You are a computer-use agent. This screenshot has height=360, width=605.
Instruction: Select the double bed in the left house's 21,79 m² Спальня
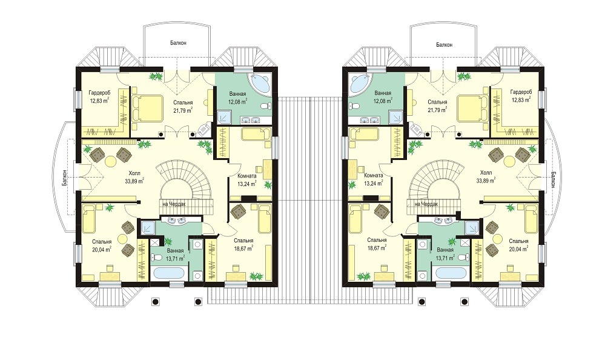(147, 108)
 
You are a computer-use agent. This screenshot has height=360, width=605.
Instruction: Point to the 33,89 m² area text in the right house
(486, 181)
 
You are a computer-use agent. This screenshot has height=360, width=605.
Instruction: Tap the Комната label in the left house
(247, 176)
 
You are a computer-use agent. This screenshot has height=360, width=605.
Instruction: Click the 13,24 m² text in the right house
(374, 184)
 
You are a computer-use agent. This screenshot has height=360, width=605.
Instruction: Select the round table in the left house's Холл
(111, 159)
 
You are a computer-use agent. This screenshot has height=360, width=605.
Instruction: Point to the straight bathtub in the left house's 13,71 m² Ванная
(169, 273)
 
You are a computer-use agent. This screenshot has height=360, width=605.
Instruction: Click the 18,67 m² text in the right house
(377, 248)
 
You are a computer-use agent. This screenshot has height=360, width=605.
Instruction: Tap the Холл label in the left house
(134, 173)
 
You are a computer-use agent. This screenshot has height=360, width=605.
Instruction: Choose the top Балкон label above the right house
(444, 45)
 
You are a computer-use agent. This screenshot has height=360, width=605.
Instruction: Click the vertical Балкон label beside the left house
(64, 179)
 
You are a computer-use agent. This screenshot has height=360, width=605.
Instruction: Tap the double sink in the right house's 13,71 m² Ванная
(443, 221)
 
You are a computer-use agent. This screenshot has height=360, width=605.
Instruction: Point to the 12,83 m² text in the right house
(520, 100)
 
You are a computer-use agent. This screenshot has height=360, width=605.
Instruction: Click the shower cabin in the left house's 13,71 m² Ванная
(147, 228)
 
